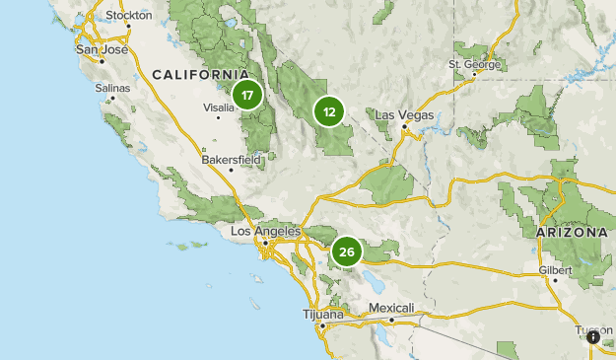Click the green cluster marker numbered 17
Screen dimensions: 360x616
[246, 96]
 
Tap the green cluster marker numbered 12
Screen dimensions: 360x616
[329, 111]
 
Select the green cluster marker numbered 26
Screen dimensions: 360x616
[346, 252]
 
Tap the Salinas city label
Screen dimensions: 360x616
[112, 88]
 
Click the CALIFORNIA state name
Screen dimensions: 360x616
[200, 75]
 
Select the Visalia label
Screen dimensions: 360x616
[218, 108]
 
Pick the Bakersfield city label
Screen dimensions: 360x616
[230, 158]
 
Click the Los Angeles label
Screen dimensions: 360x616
[264, 231]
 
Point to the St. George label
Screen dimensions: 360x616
[475, 65]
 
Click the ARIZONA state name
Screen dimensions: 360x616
[572, 233]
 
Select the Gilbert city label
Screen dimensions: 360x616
[556, 268]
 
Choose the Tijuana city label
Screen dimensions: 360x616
[323, 314]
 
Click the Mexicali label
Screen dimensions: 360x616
[391, 308]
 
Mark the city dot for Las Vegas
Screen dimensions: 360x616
[404, 126]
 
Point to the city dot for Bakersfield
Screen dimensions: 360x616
[231, 169]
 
